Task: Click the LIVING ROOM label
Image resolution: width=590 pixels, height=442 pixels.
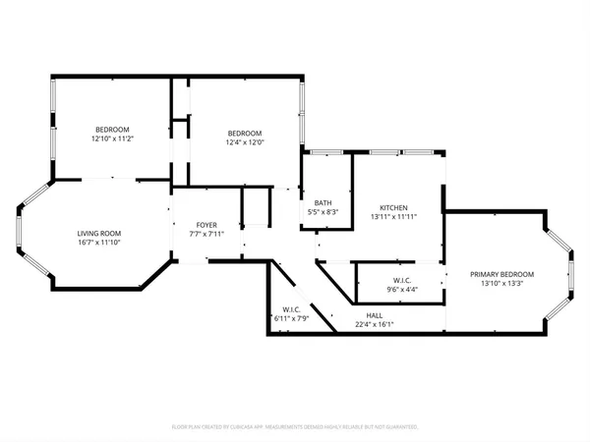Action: pyautogui.click(x=99, y=233)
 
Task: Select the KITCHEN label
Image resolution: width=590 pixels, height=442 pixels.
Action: pyautogui.click(x=394, y=207)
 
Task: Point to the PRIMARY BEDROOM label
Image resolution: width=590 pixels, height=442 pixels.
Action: pyautogui.click(x=501, y=274)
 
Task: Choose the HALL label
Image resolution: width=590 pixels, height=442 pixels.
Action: pyautogui.click(x=375, y=315)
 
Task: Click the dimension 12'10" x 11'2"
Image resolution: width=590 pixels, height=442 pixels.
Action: pyautogui.click(x=112, y=138)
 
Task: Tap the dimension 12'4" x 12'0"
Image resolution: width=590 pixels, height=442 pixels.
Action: pyautogui.click(x=245, y=142)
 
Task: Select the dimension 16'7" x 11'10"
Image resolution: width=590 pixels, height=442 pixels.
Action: pyautogui.click(x=99, y=242)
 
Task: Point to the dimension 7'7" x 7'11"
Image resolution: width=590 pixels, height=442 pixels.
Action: pyautogui.click(x=207, y=234)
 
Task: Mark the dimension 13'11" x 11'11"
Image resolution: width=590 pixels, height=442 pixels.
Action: pyautogui.click(x=394, y=216)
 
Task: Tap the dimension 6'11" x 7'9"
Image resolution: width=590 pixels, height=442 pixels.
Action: pyautogui.click(x=290, y=318)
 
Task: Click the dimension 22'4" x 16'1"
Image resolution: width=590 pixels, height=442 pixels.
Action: pyautogui.click(x=375, y=324)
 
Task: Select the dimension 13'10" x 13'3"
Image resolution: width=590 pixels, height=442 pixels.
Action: pyautogui.click(x=501, y=283)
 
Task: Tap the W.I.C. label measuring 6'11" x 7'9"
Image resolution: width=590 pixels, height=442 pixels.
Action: pyautogui.click(x=290, y=309)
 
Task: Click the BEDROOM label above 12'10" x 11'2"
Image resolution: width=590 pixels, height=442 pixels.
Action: pyautogui.click(x=112, y=130)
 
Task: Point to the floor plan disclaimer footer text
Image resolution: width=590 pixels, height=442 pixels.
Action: pyautogui.click(x=295, y=427)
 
